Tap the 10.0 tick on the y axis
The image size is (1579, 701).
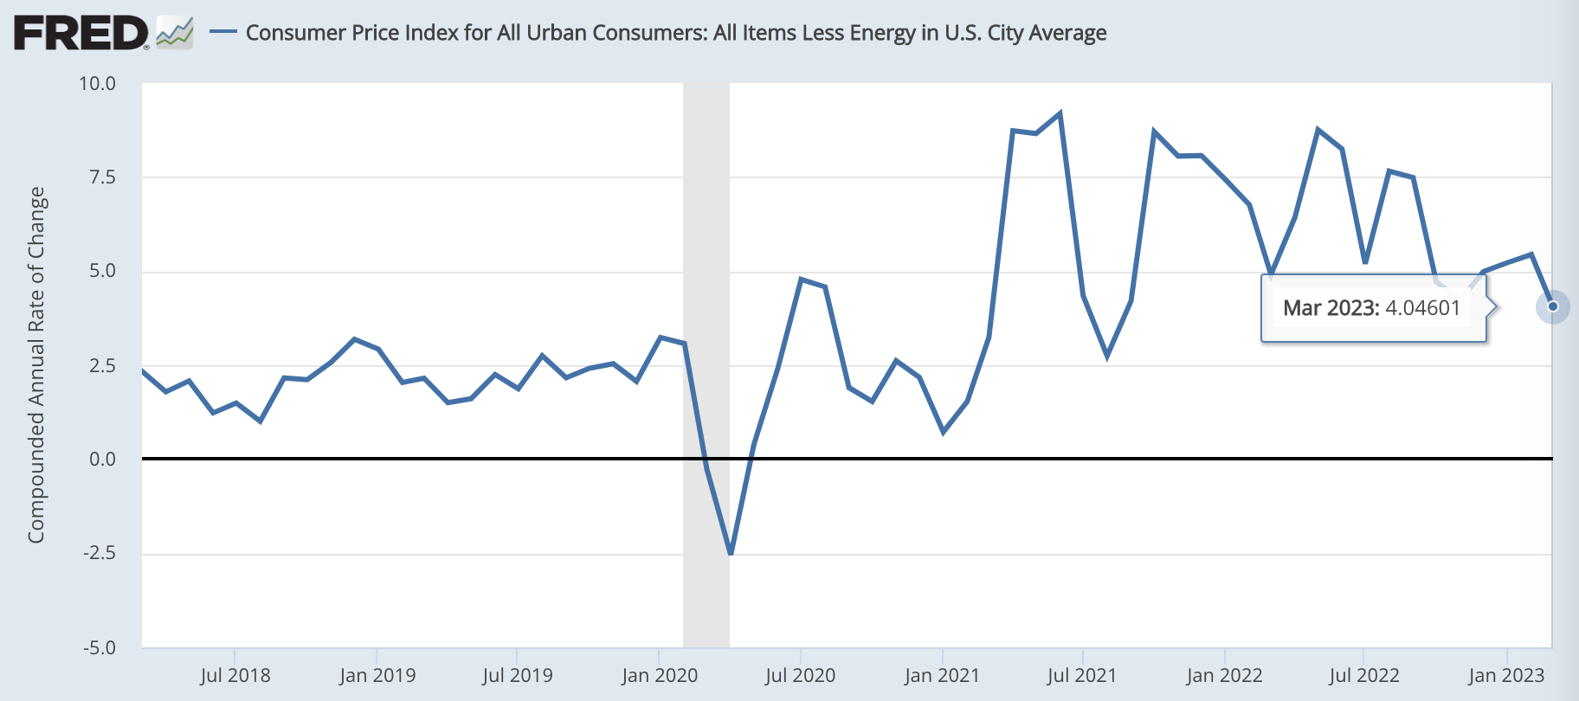pyautogui.click(x=97, y=84)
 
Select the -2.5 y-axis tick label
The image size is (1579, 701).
pyautogui.click(x=100, y=553)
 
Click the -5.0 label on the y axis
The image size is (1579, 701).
pyautogui.click(x=100, y=648)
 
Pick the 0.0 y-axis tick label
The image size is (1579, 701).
pyautogui.click(x=102, y=460)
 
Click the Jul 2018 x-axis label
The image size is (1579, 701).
pyautogui.click(x=235, y=676)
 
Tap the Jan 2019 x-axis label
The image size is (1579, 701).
pyautogui.click(x=377, y=676)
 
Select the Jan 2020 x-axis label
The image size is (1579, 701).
pyautogui.click(x=660, y=676)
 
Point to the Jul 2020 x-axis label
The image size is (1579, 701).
pyautogui.click(x=800, y=676)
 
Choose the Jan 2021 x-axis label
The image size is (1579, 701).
pyautogui.click(x=942, y=676)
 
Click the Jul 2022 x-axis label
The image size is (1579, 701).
pyautogui.click(x=1364, y=676)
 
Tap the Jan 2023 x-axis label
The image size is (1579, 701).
pyautogui.click(x=1506, y=676)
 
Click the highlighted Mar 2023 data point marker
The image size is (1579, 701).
pyautogui.click(x=1553, y=306)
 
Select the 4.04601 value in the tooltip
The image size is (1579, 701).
pyautogui.click(x=1422, y=308)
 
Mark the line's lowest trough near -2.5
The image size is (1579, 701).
pyautogui.click(x=731, y=553)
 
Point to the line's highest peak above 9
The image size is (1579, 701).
pyautogui.click(x=1060, y=113)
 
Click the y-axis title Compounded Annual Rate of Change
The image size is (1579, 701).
pyautogui.click(x=36, y=365)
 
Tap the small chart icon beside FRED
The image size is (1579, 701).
pyautogui.click(x=175, y=33)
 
